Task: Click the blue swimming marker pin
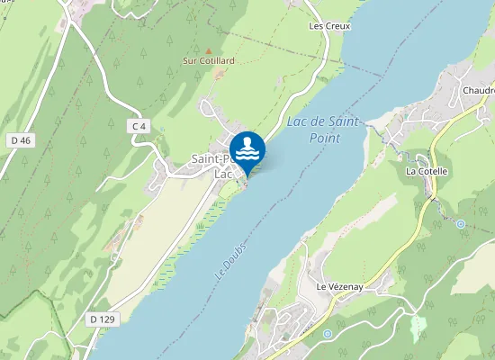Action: [247, 151]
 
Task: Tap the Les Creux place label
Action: [328, 26]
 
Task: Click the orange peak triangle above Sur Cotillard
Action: [208, 50]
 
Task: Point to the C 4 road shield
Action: [139, 127]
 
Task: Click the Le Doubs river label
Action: [231, 259]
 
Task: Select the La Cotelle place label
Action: [427, 170]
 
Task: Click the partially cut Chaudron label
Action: [478, 91]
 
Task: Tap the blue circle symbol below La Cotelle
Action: [461, 223]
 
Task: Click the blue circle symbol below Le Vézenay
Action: [328, 333]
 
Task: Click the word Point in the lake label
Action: [324, 139]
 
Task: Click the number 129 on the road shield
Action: [108, 319]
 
